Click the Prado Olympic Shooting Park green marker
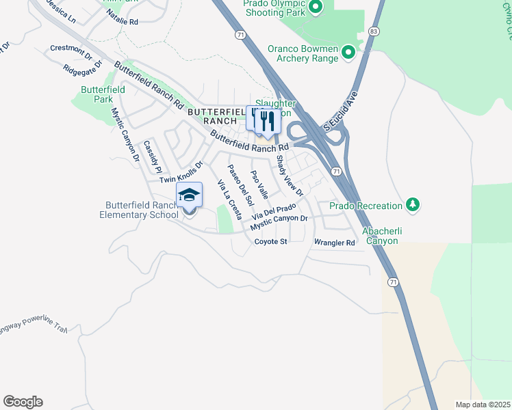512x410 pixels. click(x=316, y=8)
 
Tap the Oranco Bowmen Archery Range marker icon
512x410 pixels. click(x=348, y=52)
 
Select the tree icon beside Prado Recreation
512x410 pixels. click(x=412, y=204)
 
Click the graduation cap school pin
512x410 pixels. click(x=189, y=197)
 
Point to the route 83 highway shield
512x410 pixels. click(x=372, y=32)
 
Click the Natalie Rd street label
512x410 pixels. click(x=124, y=22)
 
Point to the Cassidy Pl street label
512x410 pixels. click(x=151, y=156)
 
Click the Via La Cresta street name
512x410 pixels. click(x=229, y=200)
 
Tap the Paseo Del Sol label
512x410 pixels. click(x=241, y=185)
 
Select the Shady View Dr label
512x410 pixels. click(x=289, y=176)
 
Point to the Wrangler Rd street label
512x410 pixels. click(x=335, y=243)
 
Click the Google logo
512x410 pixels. click(x=23, y=402)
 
